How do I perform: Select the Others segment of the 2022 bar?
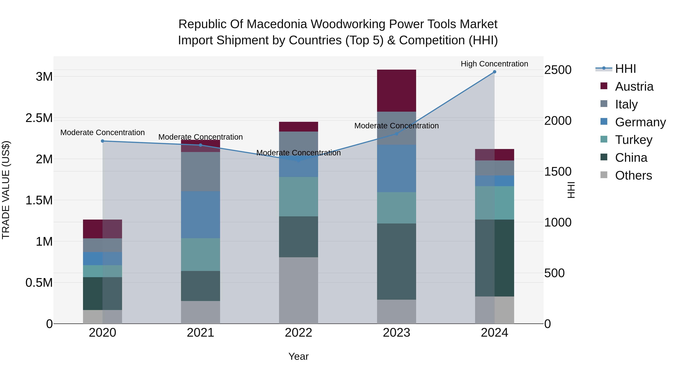(x=298, y=290)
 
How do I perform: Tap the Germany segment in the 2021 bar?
(x=201, y=214)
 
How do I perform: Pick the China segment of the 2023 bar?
(x=396, y=261)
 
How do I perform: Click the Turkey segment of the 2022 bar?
(x=298, y=196)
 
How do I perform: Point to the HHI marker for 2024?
(x=494, y=72)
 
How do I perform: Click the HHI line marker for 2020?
(x=103, y=141)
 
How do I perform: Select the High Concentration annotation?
(x=494, y=64)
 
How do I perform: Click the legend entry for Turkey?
(x=634, y=140)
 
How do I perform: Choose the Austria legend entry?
(x=634, y=87)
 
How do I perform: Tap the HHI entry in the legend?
(x=625, y=69)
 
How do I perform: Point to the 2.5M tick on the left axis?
(x=39, y=118)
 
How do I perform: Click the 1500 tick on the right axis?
(x=558, y=172)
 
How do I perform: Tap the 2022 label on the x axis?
(x=298, y=333)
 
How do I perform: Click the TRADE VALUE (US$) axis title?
(x=6, y=190)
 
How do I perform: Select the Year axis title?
(x=298, y=356)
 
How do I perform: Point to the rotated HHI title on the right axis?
(x=571, y=190)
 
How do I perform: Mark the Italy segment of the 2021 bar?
(x=201, y=172)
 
